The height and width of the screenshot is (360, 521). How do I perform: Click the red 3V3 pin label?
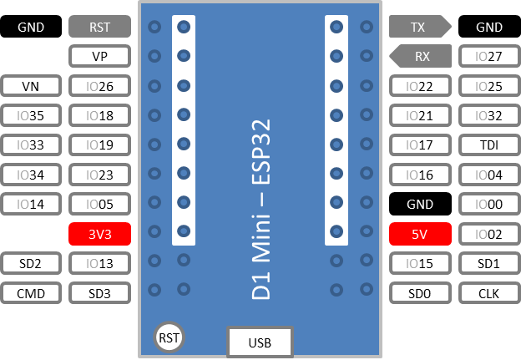99,235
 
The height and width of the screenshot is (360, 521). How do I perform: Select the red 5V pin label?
420,235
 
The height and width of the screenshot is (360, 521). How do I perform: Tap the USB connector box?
260,342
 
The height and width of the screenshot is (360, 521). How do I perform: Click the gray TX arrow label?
418,27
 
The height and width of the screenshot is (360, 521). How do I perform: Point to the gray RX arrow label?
422,57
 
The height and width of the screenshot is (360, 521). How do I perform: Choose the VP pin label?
99,57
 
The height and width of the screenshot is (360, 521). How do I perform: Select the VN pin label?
31,86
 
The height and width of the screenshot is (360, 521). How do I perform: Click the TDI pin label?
489,145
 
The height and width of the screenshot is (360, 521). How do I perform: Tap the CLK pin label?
489,293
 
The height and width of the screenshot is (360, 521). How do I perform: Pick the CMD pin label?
31,293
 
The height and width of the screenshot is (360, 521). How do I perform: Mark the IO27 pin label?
489,57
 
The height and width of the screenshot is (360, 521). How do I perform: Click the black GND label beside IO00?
420,204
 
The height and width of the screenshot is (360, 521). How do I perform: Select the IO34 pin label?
31,175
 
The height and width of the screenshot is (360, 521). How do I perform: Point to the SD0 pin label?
420,293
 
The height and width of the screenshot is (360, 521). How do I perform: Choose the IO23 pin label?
99,175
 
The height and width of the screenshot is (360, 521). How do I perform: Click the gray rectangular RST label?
99,27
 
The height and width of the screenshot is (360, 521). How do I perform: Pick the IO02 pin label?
489,235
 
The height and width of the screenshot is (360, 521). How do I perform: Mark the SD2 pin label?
31,263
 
